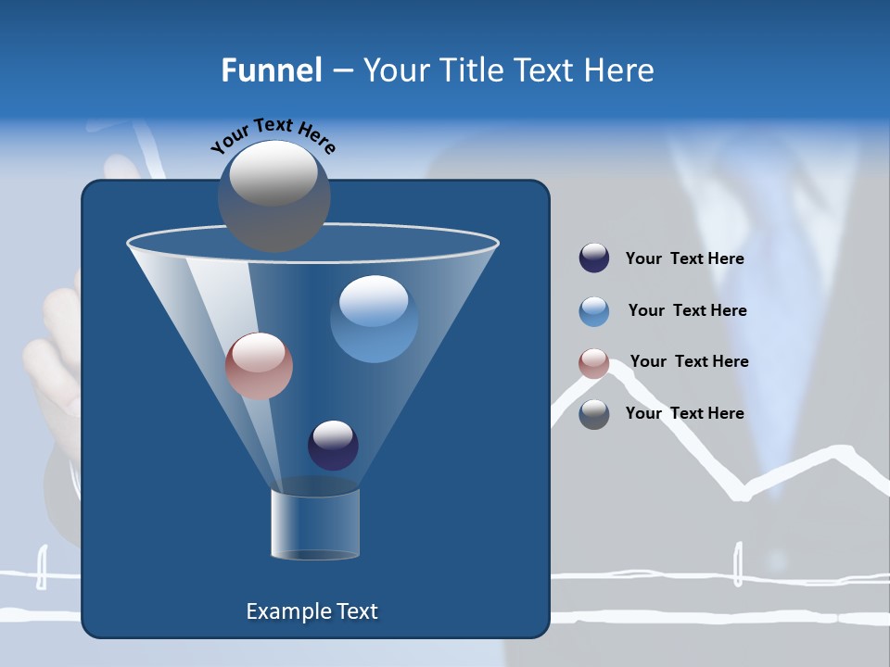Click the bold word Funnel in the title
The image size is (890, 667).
click(x=272, y=70)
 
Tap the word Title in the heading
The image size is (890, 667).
click(x=473, y=70)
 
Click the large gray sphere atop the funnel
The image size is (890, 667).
click(x=274, y=195)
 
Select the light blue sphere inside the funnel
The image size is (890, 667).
click(x=374, y=319)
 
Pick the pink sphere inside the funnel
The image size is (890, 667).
click(x=259, y=366)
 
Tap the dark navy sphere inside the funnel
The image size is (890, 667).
click(x=333, y=445)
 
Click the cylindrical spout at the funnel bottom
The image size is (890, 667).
click(x=314, y=524)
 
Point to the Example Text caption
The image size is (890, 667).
click(x=311, y=611)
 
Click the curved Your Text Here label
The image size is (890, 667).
click(x=273, y=135)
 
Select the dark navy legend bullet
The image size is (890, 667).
click(x=594, y=258)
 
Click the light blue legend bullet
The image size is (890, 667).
click(x=594, y=311)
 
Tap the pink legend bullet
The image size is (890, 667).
click(x=594, y=363)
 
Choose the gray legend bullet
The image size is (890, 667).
click(x=594, y=414)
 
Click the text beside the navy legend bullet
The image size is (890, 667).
click(x=684, y=259)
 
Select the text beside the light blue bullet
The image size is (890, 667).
click(x=687, y=311)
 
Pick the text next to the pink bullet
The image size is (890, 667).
click(x=689, y=362)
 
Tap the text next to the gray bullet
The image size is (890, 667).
click(x=684, y=414)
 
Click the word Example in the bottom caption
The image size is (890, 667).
click(x=286, y=611)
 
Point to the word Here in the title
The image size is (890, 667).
click(x=619, y=70)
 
